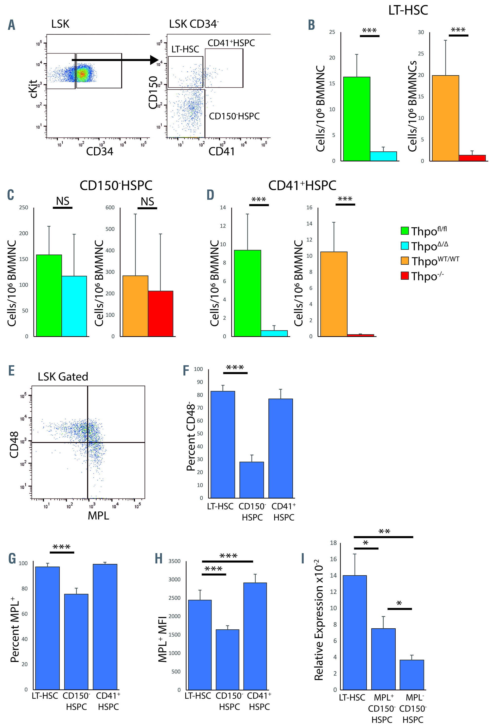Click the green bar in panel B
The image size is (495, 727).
(356, 119)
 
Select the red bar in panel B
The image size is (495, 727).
(472, 158)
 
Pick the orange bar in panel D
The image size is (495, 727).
(334, 294)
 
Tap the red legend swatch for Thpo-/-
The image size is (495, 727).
(405, 276)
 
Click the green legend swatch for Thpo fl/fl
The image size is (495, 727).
(405, 231)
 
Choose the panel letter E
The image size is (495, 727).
(12, 371)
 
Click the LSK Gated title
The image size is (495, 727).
(63, 377)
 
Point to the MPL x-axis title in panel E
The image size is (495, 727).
(99, 515)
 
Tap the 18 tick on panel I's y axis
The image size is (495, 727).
(333, 543)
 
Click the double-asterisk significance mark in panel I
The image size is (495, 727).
(384, 531)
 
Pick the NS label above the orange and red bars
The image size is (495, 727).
(147, 201)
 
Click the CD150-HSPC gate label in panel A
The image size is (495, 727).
(234, 116)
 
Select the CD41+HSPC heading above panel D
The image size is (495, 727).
(302, 185)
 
